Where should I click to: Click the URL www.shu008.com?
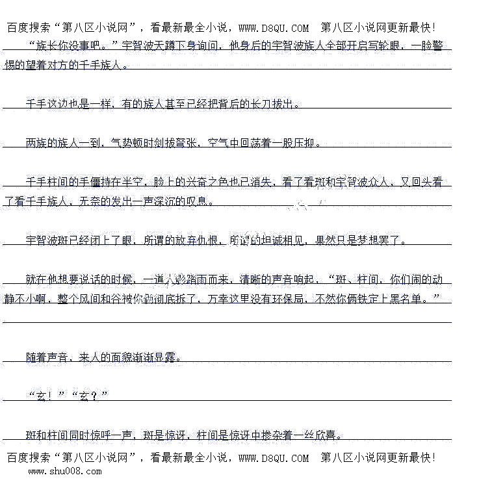64,472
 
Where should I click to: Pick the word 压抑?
309,143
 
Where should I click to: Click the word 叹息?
198,201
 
